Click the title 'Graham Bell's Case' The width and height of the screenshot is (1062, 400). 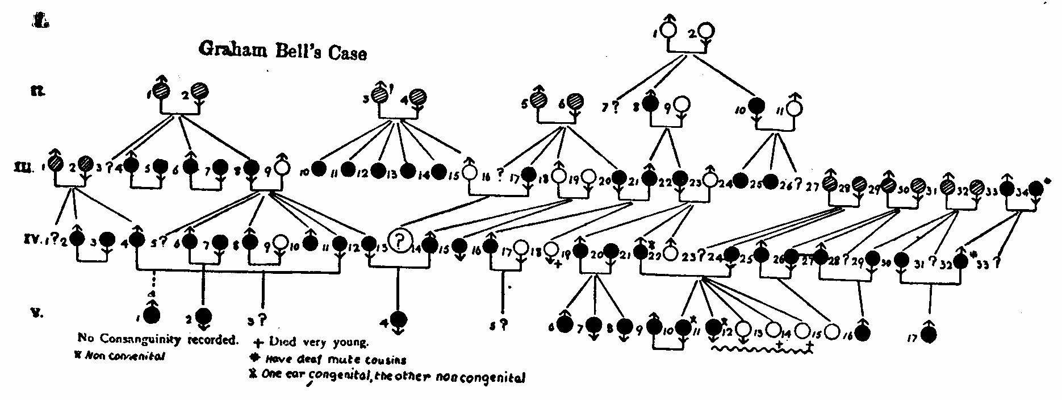[282, 51]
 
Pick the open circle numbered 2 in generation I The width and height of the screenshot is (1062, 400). [705, 31]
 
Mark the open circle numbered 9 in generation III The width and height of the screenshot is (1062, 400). [282, 168]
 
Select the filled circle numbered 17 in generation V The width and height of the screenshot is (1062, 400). [930, 335]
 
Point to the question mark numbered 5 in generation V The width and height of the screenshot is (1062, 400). [503, 326]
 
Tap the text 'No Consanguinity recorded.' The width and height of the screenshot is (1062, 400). [157, 340]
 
